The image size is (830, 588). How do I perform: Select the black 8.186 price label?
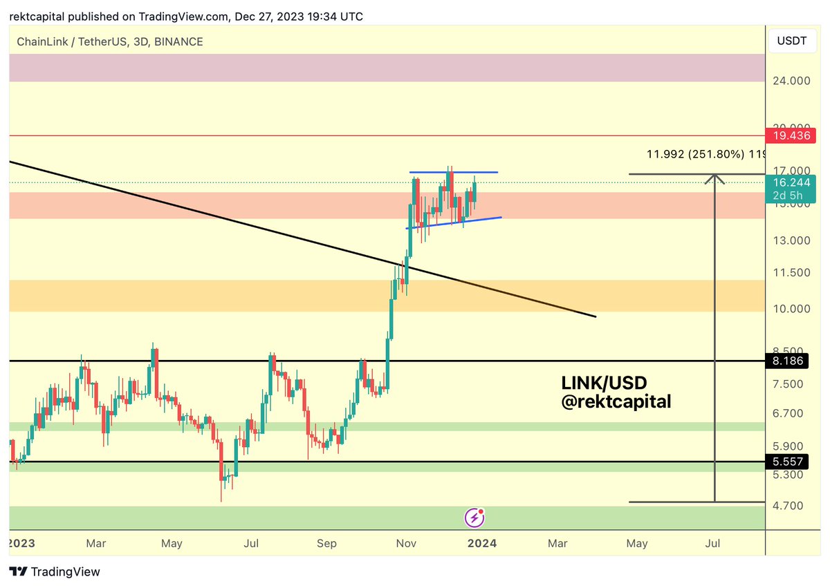click(788, 361)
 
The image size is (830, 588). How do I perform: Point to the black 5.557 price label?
click(788, 462)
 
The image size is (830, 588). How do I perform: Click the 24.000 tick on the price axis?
click(791, 81)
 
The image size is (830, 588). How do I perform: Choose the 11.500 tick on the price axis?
click(791, 273)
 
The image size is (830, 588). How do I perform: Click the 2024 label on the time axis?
click(482, 544)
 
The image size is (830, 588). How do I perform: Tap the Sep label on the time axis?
click(327, 544)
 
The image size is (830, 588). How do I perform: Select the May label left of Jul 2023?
click(172, 544)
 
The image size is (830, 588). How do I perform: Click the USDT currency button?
click(793, 41)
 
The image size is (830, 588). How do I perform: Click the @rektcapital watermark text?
click(616, 401)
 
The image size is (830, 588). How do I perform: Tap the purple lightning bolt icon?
click(474, 517)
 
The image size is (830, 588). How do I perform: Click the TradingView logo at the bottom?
click(55, 571)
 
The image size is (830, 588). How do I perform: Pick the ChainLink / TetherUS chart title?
click(110, 42)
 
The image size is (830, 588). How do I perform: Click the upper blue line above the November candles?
click(453, 171)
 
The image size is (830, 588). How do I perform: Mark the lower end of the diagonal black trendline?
click(594, 316)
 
